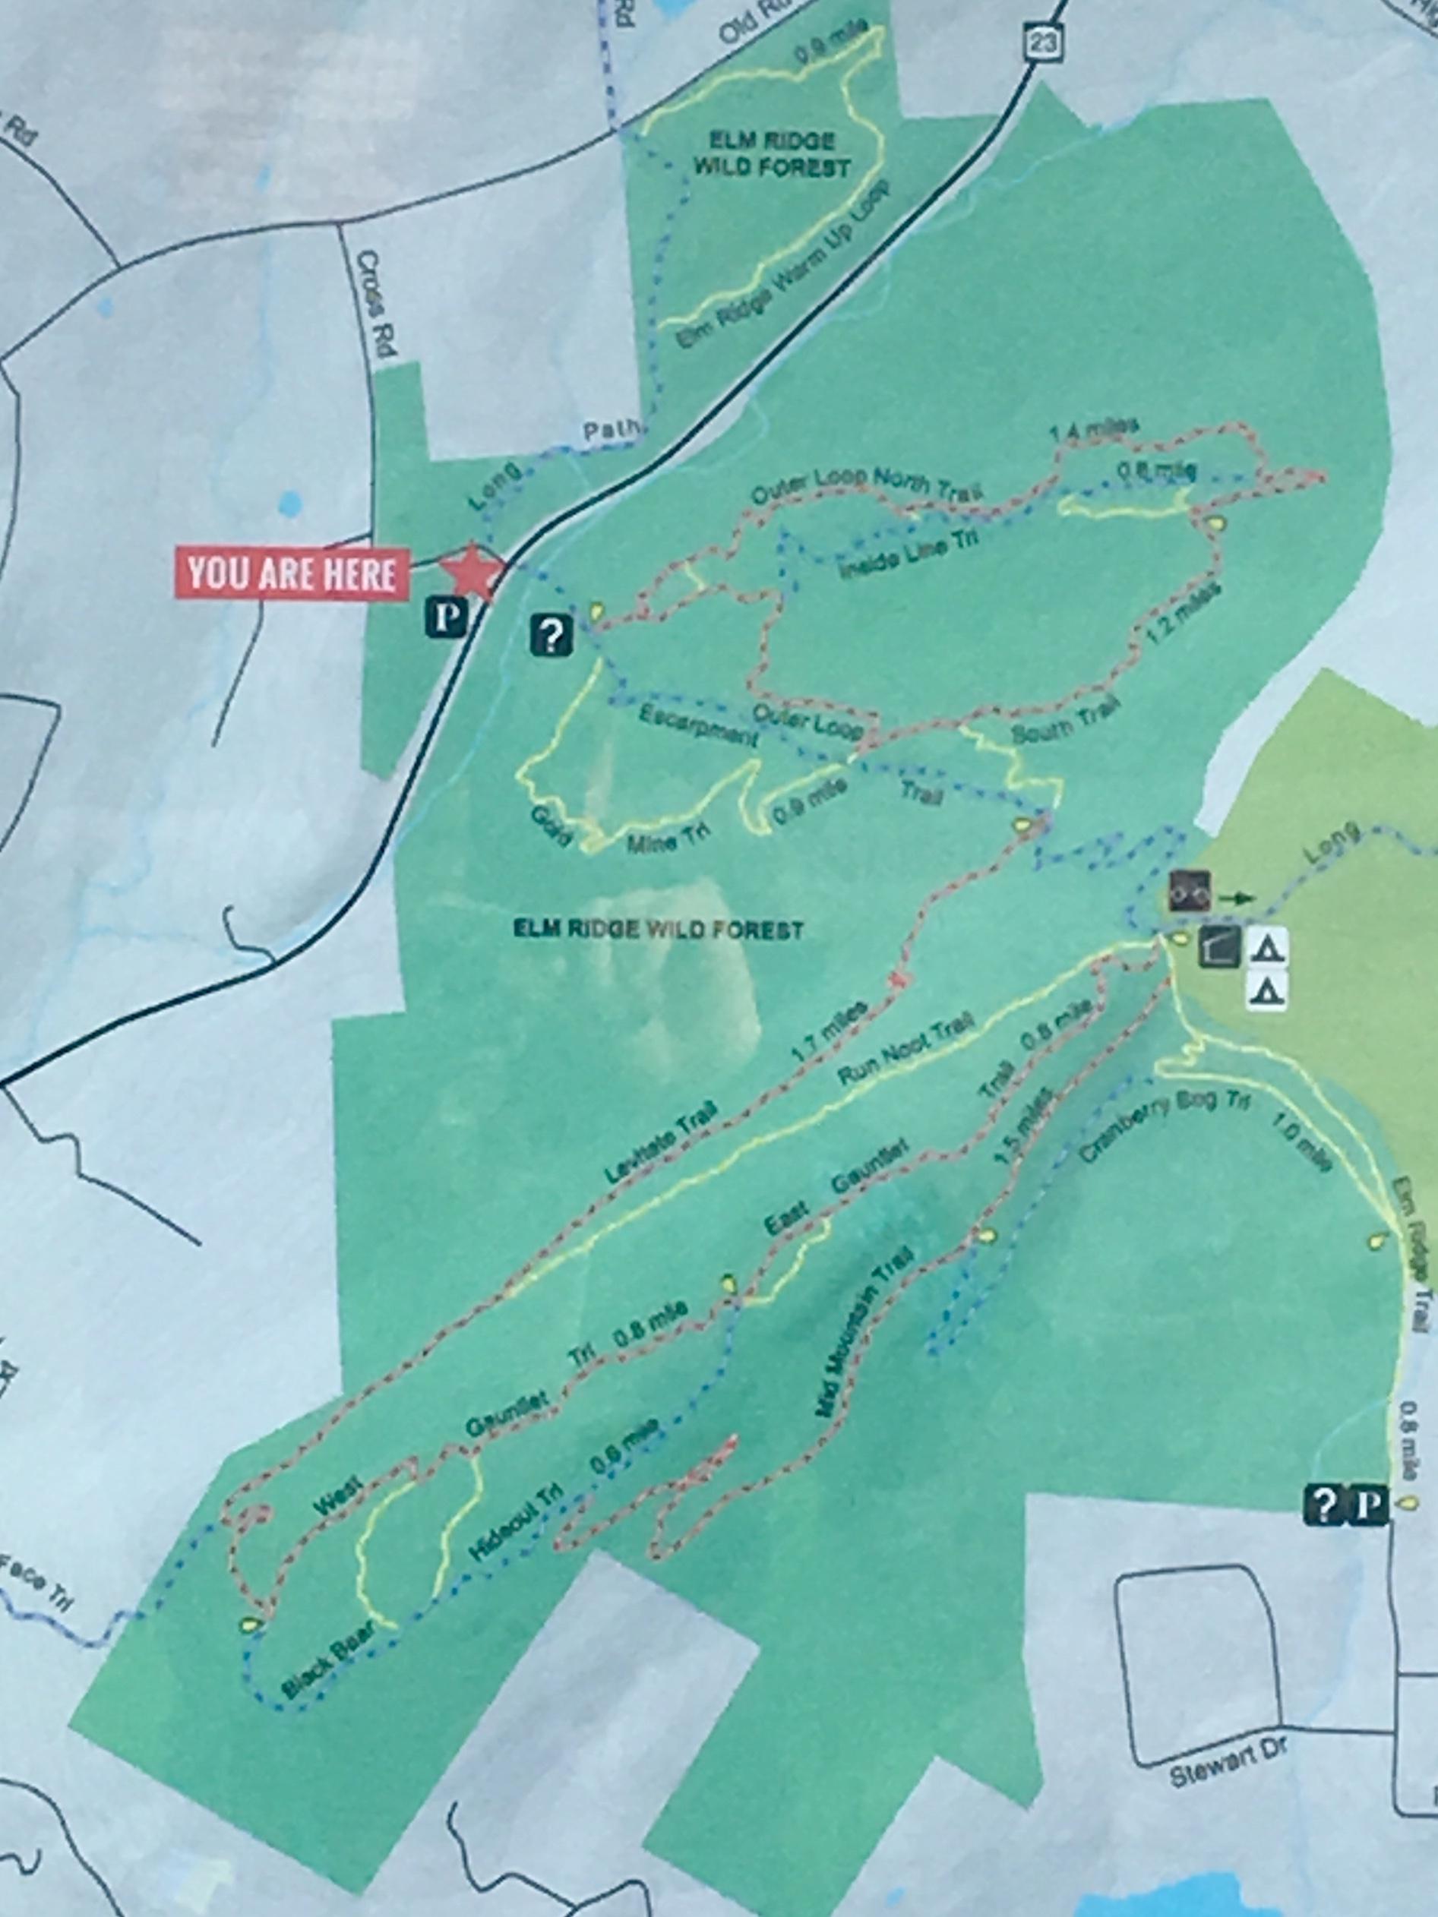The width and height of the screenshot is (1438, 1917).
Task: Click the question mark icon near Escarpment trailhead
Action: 552,635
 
